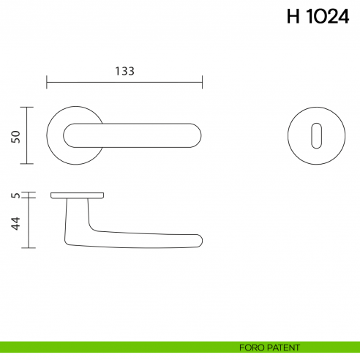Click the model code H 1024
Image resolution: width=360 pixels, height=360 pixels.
click(318, 18)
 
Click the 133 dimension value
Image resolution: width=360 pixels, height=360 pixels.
click(124, 71)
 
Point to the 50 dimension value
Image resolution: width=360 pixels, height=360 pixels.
click(15, 136)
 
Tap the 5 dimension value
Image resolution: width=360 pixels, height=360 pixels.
click(15, 195)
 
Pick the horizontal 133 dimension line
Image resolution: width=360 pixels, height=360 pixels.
click(124, 81)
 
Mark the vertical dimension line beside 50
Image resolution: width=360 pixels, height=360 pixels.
click(27, 136)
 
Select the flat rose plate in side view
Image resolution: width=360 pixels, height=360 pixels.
click(78, 195)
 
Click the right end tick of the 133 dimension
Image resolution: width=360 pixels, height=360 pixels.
click(202, 81)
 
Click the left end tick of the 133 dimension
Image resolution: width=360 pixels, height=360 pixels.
click(47, 81)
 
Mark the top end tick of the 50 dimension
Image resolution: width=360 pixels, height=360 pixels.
click(27, 108)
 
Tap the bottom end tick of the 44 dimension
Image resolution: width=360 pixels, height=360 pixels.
click(27, 247)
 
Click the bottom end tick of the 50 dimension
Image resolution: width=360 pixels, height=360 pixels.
click(27, 164)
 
